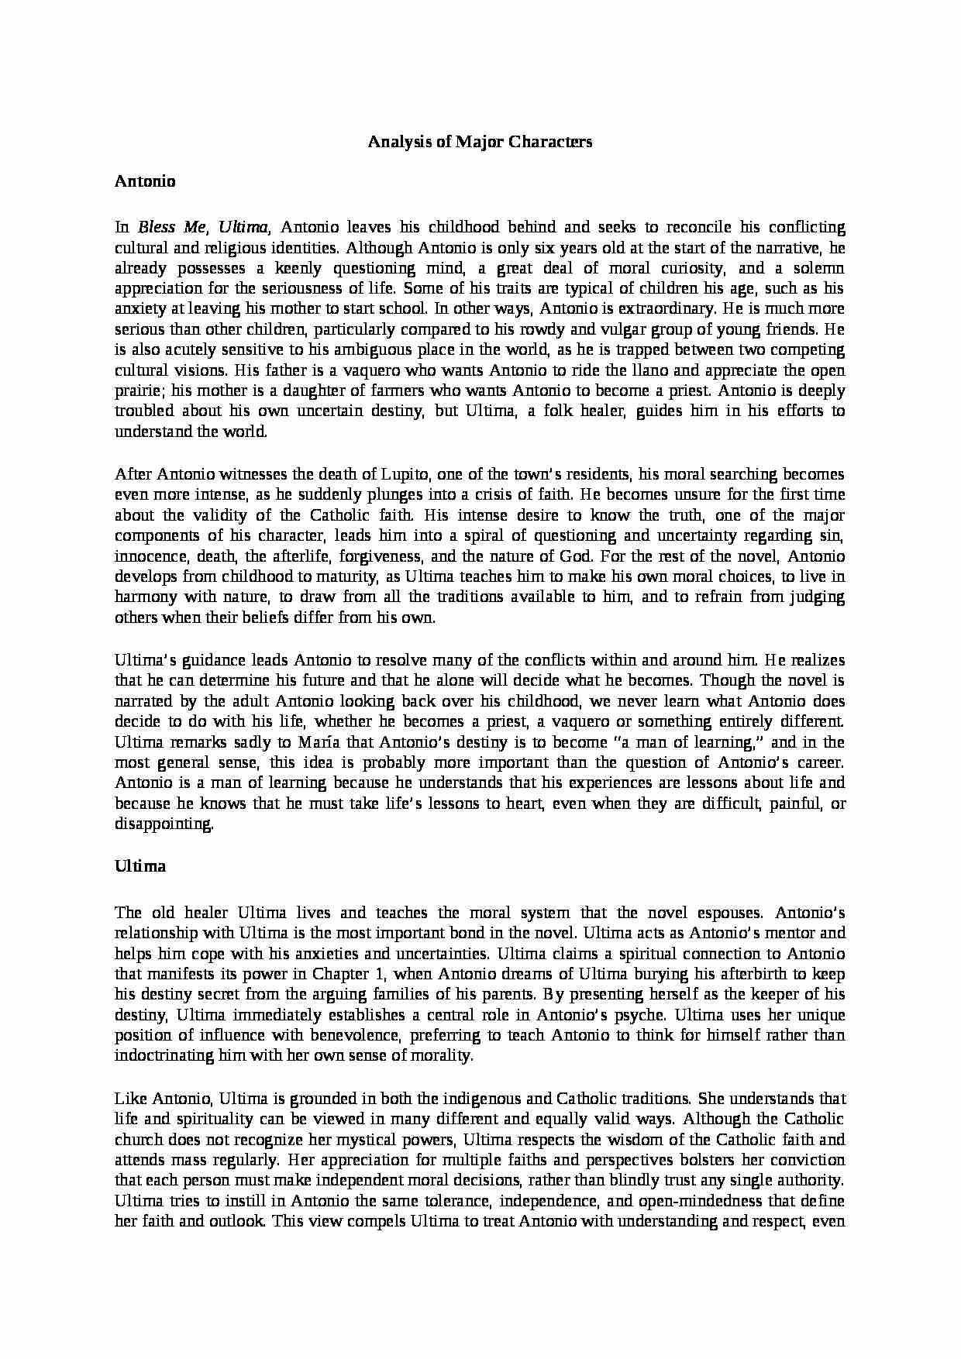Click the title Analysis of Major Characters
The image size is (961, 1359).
point(480,142)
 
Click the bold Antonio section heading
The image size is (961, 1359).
point(145,181)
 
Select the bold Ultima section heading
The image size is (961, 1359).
point(140,866)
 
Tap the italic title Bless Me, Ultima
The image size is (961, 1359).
point(205,228)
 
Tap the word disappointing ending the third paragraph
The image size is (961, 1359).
point(164,824)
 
